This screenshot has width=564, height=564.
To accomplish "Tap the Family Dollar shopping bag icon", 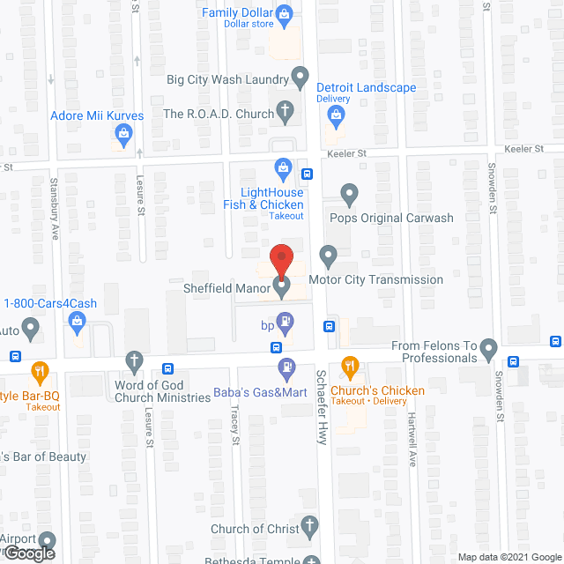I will tap(284, 13).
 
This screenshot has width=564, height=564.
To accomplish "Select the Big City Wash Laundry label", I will tap(228, 78).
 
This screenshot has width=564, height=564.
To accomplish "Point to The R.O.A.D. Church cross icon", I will tap(284, 112).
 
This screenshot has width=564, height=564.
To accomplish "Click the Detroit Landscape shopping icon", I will tap(326, 87).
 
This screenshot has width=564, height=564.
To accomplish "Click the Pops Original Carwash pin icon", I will tap(349, 193).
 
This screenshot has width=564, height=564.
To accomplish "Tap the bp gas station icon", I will tap(284, 319).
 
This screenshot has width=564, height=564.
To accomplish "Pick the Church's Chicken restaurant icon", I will tap(350, 366).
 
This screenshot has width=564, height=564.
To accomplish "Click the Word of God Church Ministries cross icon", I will tap(134, 360).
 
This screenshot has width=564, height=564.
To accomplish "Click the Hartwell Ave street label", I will tap(411, 435).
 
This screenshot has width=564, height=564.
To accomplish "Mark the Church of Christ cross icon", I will tap(308, 528).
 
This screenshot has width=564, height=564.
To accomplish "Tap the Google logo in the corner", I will tap(27, 553).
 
